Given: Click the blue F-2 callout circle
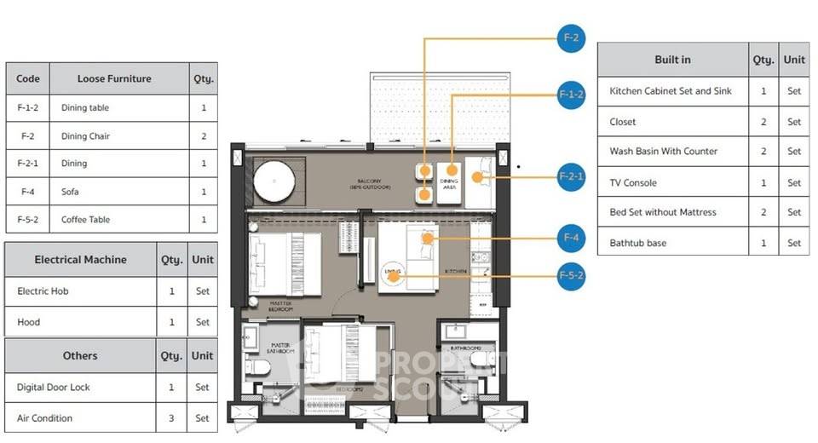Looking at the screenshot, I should [571, 37].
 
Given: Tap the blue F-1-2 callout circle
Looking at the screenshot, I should [571, 94].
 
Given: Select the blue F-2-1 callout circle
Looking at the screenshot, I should [571, 177].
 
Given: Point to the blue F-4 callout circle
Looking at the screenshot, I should [571, 238].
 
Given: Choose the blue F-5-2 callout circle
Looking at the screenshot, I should [571, 276].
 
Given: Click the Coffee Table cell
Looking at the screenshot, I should [85, 220].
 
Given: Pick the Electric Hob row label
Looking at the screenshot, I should [43, 291].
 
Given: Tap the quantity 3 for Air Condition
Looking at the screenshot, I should [171, 418].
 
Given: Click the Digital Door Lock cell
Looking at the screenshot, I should [53, 388].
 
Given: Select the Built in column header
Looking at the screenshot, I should [672, 60].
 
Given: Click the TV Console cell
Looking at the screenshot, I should [633, 182].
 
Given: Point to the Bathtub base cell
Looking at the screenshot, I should [637, 244].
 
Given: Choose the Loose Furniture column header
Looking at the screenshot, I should [114, 78].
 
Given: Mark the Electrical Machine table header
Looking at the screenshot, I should [80, 260].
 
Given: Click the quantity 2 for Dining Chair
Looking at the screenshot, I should [204, 136].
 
